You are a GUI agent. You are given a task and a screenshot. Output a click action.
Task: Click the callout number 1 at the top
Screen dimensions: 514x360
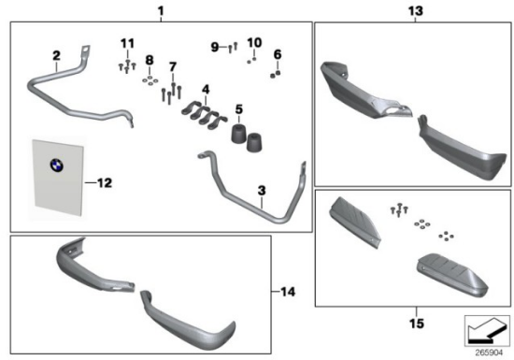pyautogui.click(x=161, y=11)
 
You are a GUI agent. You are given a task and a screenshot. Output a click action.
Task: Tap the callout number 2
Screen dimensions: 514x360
pyautogui.click(x=56, y=55)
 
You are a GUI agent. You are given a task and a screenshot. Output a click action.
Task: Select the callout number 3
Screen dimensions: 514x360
pyautogui.click(x=262, y=190)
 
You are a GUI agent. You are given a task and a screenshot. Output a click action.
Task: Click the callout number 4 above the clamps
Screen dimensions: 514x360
pyautogui.click(x=206, y=89)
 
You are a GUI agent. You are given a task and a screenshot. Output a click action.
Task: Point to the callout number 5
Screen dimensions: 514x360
pyautogui.click(x=239, y=109)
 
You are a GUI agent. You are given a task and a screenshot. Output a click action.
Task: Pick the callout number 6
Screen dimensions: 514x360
pyautogui.click(x=278, y=54)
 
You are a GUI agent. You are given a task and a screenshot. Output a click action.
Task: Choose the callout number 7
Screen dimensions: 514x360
pyautogui.click(x=173, y=67)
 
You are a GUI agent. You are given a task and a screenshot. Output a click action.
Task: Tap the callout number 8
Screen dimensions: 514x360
pyautogui.click(x=150, y=60)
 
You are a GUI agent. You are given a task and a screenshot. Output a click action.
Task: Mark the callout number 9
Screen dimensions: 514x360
pyautogui.click(x=215, y=47)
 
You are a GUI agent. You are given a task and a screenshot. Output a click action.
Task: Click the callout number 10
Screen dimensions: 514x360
pyautogui.click(x=254, y=43)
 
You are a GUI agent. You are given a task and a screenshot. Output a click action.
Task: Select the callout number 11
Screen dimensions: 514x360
pyautogui.click(x=127, y=43)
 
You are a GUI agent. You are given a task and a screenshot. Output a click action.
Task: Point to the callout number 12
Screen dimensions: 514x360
pyautogui.click(x=105, y=183)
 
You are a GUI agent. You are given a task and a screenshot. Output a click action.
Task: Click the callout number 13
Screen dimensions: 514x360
pyautogui.click(x=415, y=11)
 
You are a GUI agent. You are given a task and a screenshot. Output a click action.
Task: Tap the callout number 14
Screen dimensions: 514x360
pyautogui.click(x=288, y=292)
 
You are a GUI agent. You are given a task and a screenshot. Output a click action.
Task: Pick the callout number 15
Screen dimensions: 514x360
pyautogui.click(x=417, y=324)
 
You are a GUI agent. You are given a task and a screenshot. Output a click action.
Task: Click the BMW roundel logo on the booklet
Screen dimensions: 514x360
pyautogui.click(x=57, y=165)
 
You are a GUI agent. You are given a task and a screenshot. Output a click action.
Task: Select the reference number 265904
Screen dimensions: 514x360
pyautogui.click(x=489, y=353)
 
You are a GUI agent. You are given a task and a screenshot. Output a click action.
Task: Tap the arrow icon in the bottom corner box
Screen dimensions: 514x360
pyautogui.click(x=487, y=330)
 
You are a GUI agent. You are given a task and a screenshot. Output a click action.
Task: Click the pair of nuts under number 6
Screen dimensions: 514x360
pyautogui.click(x=275, y=74)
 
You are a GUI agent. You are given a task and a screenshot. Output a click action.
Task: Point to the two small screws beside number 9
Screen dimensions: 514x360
pyautogui.click(x=233, y=48)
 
